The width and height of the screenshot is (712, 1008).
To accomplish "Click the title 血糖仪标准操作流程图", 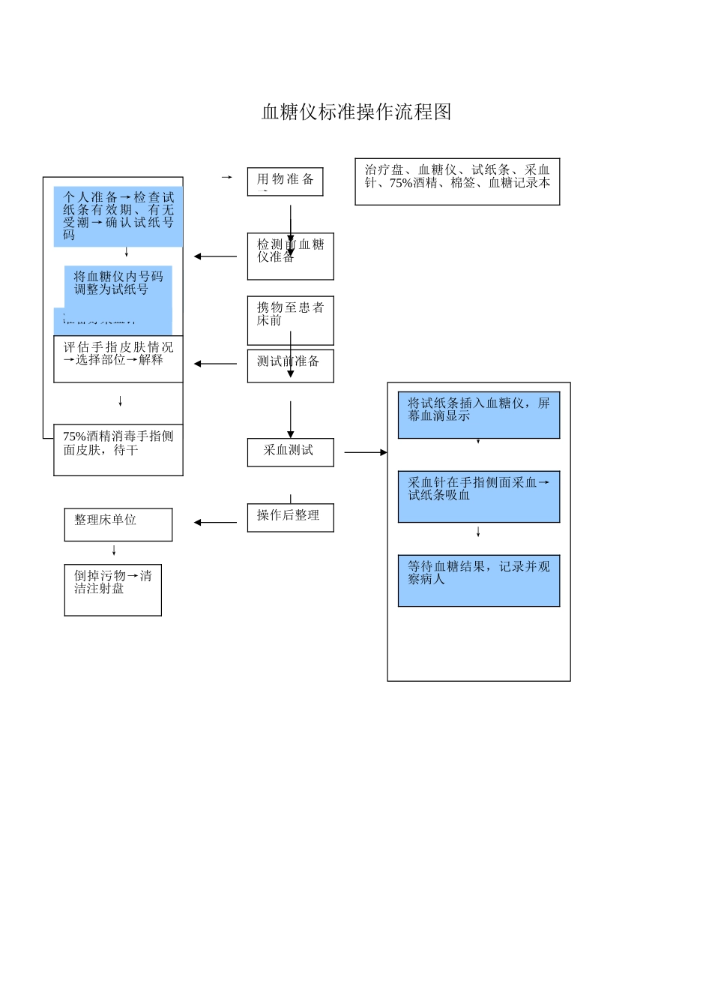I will pyautogui.click(x=356, y=112).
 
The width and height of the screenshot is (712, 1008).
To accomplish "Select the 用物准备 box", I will pyautogui.click(x=285, y=181).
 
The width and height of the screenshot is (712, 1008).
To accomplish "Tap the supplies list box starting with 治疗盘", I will pyautogui.click(x=457, y=181).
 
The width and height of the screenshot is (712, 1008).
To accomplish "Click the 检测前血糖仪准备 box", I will pyautogui.click(x=290, y=256).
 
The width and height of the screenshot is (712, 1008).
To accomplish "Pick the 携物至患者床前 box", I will pyautogui.click(x=290, y=320).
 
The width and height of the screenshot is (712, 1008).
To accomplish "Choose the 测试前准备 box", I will pyautogui.click(x=290, y=366).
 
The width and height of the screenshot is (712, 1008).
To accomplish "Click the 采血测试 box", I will pyautogui.click(x=290, y=452).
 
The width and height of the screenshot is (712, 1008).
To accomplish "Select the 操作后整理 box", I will pyautogui.click(x=290, y=517).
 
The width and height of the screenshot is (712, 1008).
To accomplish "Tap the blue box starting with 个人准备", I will pyautogui.click(x=118, y=216).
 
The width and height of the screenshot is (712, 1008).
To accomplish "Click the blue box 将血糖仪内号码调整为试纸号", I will pyautogui.click(x=118, y=285).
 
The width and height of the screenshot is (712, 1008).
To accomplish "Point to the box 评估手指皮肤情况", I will pyautogui.click(x=118, y=358).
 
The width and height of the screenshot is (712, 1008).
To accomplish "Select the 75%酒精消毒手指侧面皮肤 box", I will pyautogui.click(x=118, y=449).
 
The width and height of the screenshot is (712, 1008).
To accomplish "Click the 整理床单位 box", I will pyautogui.click(x=118, y=524).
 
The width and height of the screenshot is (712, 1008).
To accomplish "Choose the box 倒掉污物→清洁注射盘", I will pyautogui.click(x=112, y=589).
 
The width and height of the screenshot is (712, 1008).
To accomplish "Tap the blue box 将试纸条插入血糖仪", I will pyautogui.click(x=478, y=415).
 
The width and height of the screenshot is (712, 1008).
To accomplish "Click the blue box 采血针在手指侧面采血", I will pyautogui.click(x=478, y=496).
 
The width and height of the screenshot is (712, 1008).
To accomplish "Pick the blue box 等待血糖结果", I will pyautogui.click(x=478, y=580).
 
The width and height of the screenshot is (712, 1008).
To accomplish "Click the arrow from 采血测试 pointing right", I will pyautogui.click(x=366, y=452).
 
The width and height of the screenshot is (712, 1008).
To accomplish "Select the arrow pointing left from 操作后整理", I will pyautogui.click(x=215, y=523).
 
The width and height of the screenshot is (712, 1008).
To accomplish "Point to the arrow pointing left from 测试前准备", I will pyautogui.click(x=215, y=364).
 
